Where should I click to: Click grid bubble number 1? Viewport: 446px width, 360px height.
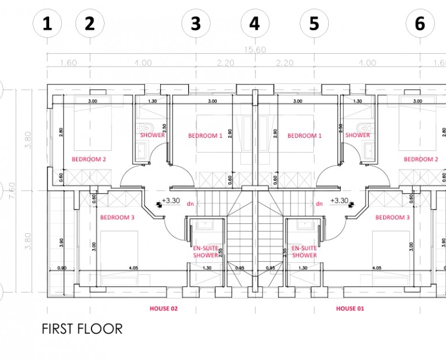(x=48, y=24)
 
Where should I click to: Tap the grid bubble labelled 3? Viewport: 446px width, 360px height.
(x=196, y=24)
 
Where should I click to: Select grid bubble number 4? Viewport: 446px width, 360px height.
(x=254, y=24)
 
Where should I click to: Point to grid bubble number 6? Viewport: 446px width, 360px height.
(x=420, y=24)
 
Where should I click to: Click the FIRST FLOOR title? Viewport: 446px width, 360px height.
(x=82, y=329)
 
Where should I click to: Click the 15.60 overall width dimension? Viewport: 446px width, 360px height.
(x=255, y=50)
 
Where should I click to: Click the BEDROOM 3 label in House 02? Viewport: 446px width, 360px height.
(x=117, y=218)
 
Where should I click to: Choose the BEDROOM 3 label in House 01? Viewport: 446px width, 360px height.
(x=392, y=218)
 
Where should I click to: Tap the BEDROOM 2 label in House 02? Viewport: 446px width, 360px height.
(x=89, y=159)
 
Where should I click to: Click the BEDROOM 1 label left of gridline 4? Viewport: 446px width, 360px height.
(x=205, y=136)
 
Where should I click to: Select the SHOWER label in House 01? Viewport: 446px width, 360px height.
(x=358, y=135)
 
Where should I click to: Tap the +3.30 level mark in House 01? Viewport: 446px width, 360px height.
(x=339, y=201)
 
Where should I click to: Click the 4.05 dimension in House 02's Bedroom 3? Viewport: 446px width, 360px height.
(x=133, y=267)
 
